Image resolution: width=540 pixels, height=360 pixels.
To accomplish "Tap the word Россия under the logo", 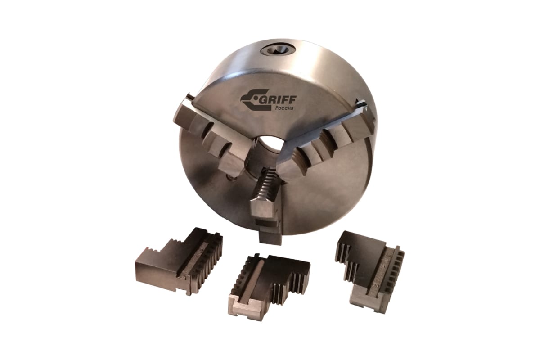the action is coord(284,108).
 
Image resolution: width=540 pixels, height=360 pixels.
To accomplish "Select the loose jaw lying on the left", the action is coord(180,263).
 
